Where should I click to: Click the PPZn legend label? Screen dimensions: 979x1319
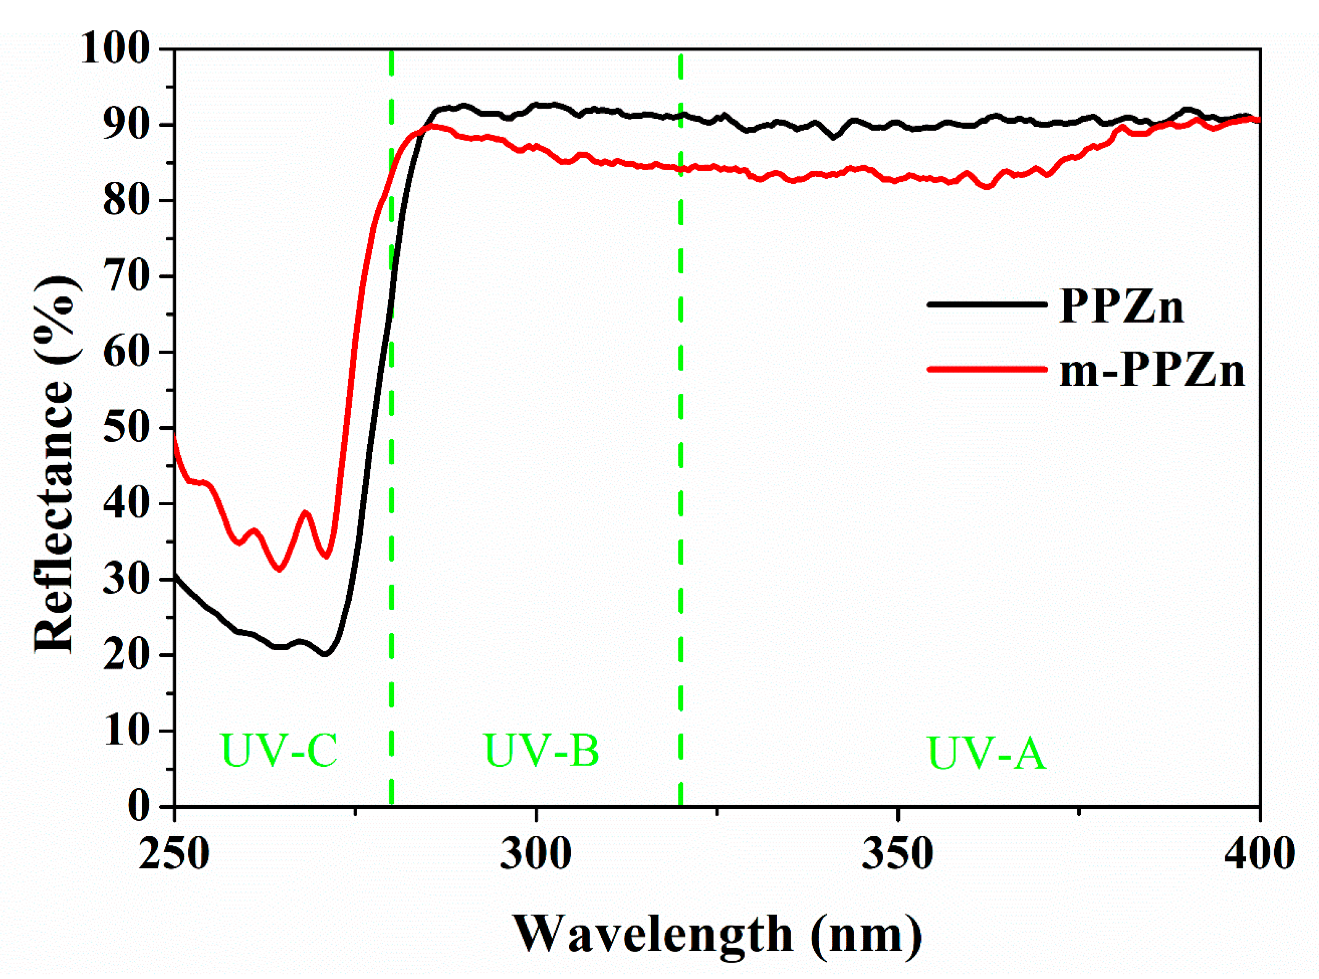point(1121,307)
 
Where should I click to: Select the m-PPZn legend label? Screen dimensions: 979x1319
point(1151,371)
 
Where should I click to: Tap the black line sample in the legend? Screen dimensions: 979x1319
point(986,304)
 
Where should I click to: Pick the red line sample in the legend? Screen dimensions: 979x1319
point(986,368)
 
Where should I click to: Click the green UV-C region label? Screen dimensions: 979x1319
point(279,750)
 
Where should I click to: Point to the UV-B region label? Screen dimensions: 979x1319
point(541,750)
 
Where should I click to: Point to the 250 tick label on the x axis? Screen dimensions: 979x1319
point(174,854)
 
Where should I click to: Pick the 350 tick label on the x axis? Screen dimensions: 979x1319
point(898,854)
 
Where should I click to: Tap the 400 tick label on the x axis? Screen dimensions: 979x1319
point(1258,854)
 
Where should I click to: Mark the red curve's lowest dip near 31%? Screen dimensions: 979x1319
point(279,569)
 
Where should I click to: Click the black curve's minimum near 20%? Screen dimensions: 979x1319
point(325,654)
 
